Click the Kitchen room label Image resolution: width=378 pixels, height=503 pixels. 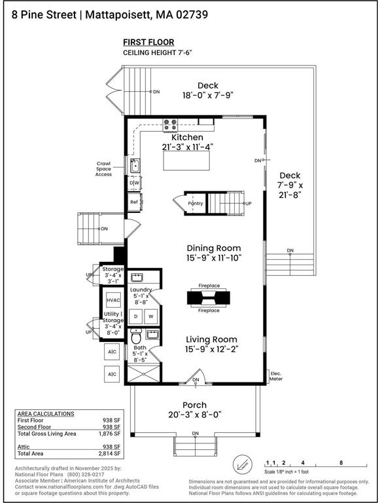point(188,138)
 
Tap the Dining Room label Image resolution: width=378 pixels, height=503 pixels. point(213,248)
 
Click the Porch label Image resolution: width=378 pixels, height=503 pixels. point(195,405)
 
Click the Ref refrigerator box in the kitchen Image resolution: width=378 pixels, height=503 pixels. point(134,202)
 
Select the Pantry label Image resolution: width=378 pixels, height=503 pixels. point(195,204)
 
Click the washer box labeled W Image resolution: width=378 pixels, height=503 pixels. point(151,316)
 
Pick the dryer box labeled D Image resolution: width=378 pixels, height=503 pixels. point(135,316)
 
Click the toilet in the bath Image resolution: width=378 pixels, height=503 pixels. point(135,339)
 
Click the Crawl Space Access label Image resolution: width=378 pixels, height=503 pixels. point(103,169)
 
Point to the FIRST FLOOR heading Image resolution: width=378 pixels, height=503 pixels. point(148,42)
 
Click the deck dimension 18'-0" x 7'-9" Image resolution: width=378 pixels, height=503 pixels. point(207,95)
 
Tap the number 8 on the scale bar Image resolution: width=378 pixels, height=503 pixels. point(341,462)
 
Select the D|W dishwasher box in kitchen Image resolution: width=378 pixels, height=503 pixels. point(134,183)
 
